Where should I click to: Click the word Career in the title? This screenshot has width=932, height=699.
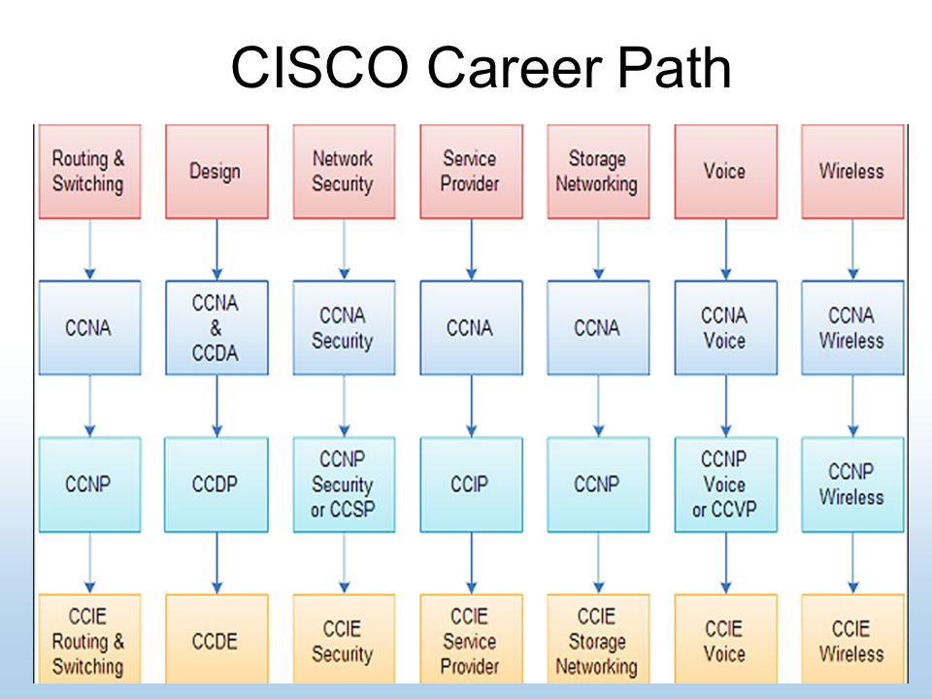click(x=515, y=67)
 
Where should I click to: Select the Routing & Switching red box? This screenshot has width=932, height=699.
click(x=89, y=171)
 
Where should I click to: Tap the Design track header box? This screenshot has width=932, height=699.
click(x=216, y=171)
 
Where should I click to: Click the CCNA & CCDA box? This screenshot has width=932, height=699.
click(x=216, y=327)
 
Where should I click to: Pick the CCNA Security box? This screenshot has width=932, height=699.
click(x=344, y=327)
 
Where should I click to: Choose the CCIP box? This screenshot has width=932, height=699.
click(x=472, y=484)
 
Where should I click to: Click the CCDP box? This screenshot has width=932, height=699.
click(x=216, y=484)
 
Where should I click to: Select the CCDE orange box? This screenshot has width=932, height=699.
click(x=216, y=639)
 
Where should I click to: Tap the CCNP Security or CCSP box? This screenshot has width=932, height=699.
click(x=344, y=484)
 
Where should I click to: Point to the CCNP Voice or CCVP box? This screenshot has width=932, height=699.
click(x=726, y=484)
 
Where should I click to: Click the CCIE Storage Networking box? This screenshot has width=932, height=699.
click(x=599, y=639)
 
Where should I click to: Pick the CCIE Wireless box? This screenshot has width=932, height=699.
click(x=853, y=639)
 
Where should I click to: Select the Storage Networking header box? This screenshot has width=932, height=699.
click(x=599, y=171)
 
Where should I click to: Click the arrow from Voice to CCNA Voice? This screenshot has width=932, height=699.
click(x=726, y=250)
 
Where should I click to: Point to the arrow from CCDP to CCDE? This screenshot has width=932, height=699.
click(x=216, y=563)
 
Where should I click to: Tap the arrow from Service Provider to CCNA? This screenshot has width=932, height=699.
click(x=472, y=250)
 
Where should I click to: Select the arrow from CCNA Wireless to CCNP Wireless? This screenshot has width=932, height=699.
click(x=853, y=406)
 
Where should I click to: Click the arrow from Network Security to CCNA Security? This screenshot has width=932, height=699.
click(x=344, y=250)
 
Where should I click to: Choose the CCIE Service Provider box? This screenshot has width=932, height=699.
click(x=472, y=639)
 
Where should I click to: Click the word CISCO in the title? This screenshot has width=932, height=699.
click(x=319, y=67)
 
